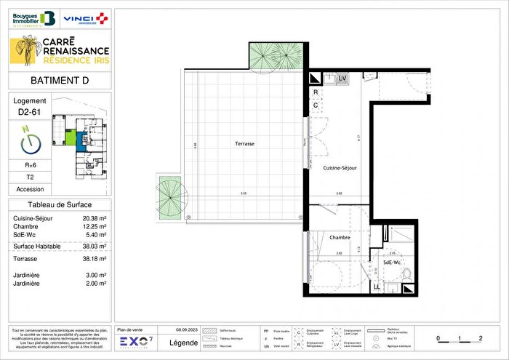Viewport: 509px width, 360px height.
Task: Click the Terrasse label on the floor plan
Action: tap(244, 144)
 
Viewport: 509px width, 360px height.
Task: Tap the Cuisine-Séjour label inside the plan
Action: tap(340, 167)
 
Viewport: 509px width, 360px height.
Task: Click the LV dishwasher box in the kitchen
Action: tap(342, 78)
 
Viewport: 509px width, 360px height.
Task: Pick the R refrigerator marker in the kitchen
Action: tap(316, 93)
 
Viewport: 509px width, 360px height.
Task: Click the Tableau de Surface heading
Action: tap(60, 205)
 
